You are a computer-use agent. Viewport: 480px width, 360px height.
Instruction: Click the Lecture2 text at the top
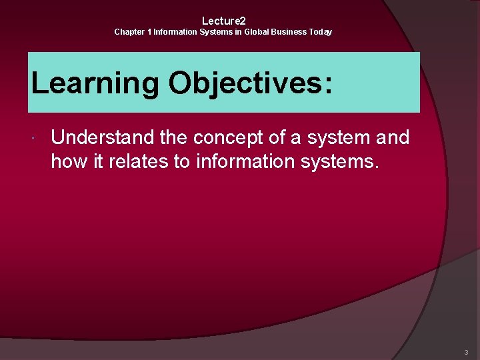(x=224, y=21)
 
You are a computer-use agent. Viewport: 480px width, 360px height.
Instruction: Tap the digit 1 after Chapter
(x=149, y=32)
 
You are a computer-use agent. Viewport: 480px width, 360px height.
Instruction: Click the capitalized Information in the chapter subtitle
(x=175, y=32)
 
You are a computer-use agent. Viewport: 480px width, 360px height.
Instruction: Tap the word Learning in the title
(x=95, y=84)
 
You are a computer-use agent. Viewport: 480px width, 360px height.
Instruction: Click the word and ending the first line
(x=394, y=138)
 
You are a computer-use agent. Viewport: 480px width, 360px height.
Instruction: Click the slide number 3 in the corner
(x=466, y=352)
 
